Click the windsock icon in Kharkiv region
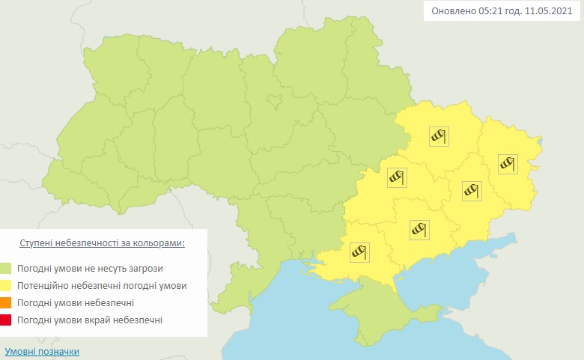coord(438,135)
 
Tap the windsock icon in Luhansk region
coord(508,162)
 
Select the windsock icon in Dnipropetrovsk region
coord(397,177)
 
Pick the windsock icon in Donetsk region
coord(471,190)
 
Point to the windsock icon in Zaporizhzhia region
coord(419,230)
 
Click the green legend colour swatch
coord(7,268)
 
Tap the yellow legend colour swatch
coord(7,286)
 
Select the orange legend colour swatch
coord(7,303)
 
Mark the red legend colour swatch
coord(7,320)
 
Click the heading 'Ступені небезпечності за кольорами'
coord(102,244)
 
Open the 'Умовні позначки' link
coord(42,351)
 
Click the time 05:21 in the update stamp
coord(491,12)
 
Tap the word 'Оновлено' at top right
coord(453,12)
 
